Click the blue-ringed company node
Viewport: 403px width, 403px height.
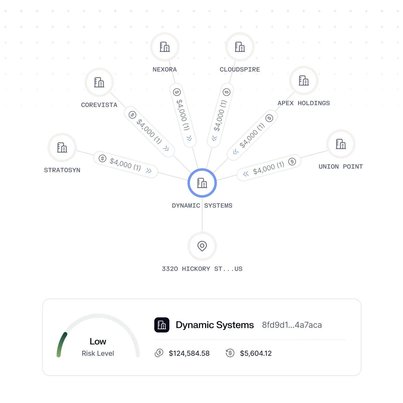(202, 183)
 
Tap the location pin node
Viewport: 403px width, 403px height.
(202, 246)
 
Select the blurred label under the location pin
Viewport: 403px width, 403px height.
(201, 269)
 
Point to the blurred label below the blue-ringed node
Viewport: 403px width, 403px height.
(201, 205)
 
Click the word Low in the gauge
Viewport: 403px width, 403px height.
(98, 342)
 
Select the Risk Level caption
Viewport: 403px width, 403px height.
(98, 354)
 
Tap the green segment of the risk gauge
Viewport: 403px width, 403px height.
(60, 345)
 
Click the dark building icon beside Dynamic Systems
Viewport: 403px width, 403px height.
(162, 325)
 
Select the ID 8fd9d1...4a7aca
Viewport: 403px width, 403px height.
(292, 325)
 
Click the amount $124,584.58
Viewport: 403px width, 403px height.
(189, 353)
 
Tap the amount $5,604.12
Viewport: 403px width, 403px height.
(256, 353)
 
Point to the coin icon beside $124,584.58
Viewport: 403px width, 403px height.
(159, 353)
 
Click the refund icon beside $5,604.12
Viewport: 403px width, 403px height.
(230, 353)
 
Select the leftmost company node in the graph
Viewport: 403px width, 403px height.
(62, 147)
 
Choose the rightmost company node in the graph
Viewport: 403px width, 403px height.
(341, 144)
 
